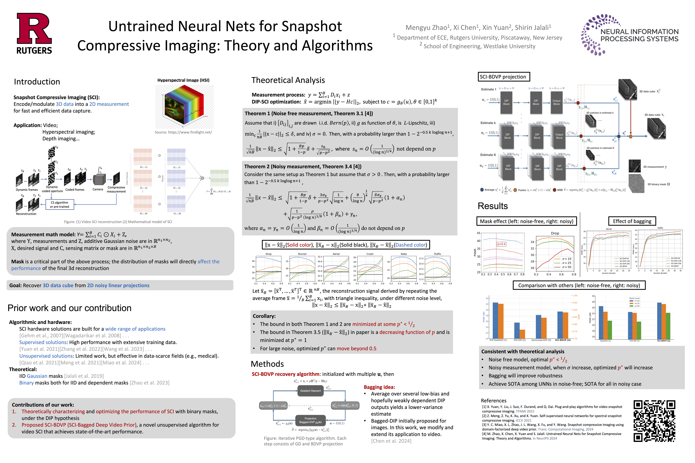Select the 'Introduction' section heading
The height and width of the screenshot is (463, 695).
(x=37, y=82)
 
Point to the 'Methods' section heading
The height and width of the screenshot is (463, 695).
(x=267, y=364)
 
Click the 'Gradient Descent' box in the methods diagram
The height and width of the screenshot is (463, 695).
(x=310, y=391)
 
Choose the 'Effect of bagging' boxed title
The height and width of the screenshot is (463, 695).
(x=632, y=221)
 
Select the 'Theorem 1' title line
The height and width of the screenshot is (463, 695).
(x=309, y=113)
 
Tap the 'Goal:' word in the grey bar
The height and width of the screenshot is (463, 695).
(x=16, y=285)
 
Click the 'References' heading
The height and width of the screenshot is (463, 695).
(x=493, y=400)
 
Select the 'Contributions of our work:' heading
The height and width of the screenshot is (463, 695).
(x=43, y=404)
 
